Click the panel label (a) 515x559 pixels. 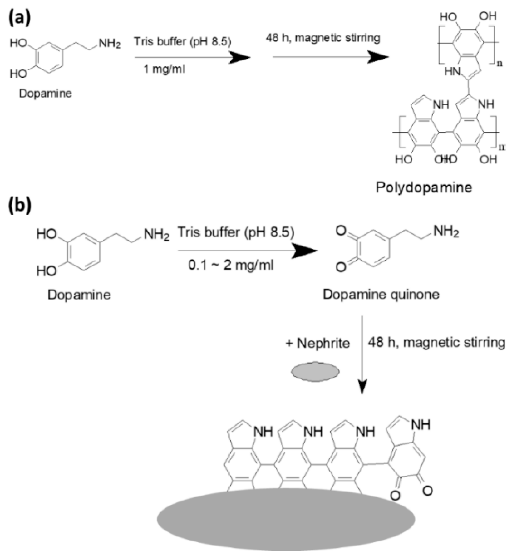(x=19, y=19)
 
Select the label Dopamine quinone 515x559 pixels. (x=381, y=295)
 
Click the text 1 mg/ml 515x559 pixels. (x=164, y=69)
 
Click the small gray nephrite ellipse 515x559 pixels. (x=315, y=371)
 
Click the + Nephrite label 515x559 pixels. (x=318, y=343)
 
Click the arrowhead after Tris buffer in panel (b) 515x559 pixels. (x=305, y=251)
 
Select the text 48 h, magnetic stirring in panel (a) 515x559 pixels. (x=323, y=38)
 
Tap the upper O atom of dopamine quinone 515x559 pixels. (x=341, y=231)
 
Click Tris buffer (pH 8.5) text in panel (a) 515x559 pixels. (x=183, y=42)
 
